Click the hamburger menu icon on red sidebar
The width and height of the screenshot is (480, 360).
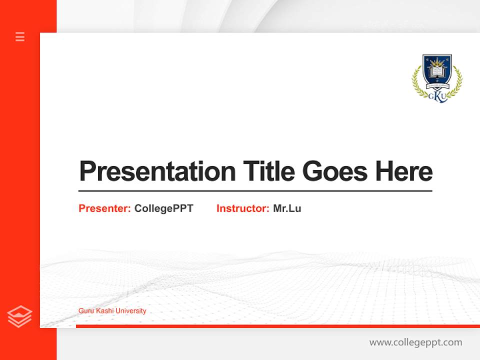click(x=20, y=36)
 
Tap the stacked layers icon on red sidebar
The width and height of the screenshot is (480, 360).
click(x=19, y=316)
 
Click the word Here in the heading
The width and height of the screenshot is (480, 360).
click(x=403, y=171)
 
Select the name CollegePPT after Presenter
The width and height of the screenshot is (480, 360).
click(x=163, y=208)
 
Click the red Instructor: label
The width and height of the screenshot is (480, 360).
click(x=243, y=208)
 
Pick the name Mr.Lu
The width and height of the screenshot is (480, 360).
click(x=287, y=208)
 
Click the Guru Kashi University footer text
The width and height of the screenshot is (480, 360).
click(x=112, y=311)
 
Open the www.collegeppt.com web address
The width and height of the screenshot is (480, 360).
click(x=415, y=342)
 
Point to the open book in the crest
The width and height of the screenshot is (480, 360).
click(x=437, y=72)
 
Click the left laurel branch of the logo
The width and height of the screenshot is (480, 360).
click(x=417, y=82)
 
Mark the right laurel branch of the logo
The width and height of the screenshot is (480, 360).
click(x=457, y=82)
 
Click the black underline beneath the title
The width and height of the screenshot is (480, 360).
click(x=255, y=190)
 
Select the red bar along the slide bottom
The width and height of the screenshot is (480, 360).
click(x=277, y=326)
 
